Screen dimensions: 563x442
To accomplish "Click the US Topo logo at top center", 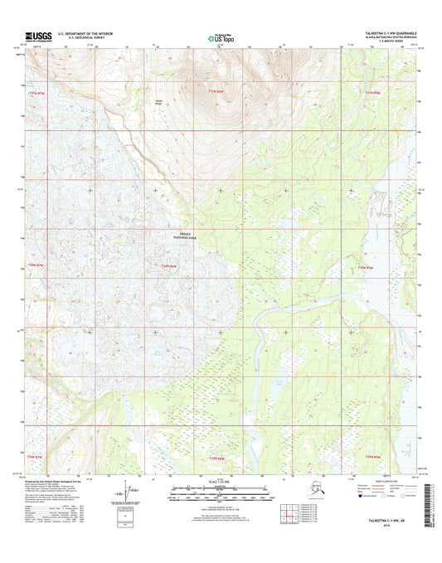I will (x=221, y=36).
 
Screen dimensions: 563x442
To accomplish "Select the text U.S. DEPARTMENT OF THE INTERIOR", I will (x=97, y=33).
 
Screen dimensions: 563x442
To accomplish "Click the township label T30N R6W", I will (x=168, y=266).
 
